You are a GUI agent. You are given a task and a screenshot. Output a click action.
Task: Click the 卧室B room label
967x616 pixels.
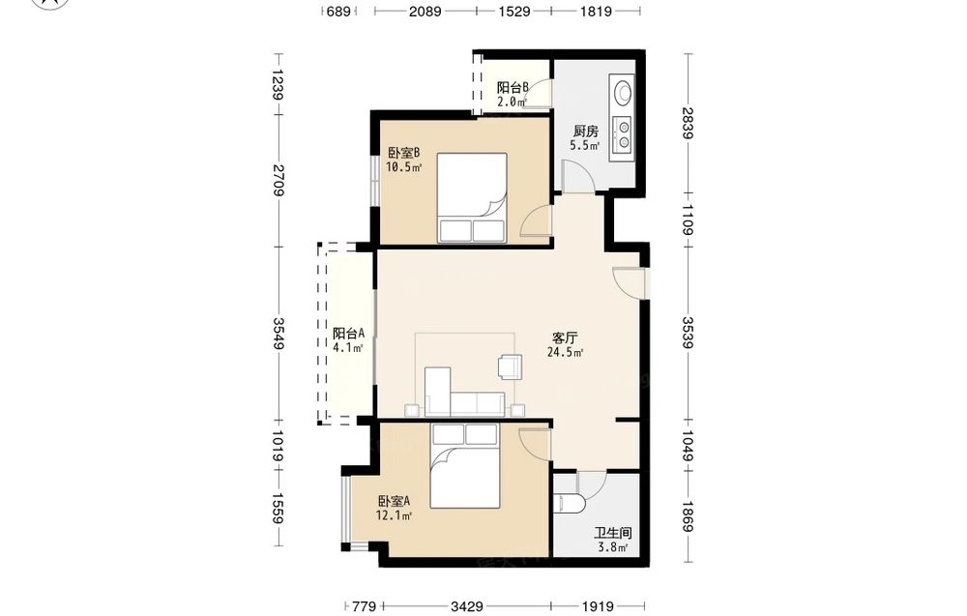(404, 152)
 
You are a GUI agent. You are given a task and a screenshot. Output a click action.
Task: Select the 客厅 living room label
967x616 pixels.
(565, 337)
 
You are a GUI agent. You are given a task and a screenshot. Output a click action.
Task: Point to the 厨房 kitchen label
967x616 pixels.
(585, 131)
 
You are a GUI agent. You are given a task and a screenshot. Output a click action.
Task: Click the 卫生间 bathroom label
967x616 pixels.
(612, 534)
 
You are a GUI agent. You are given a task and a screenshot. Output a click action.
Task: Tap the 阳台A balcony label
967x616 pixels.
(348, 334)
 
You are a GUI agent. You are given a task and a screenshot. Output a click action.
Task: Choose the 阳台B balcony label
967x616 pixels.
(513, 88)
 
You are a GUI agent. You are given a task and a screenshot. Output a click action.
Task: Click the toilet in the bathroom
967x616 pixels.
(569, 503)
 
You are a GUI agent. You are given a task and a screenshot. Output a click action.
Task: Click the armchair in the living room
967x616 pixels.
(510, 365)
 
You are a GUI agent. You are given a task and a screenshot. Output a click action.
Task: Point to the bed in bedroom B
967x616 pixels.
(473, 197)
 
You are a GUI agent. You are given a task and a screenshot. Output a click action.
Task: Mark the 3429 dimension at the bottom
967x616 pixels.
(466, 606)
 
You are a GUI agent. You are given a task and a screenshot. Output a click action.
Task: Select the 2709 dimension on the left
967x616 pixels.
(278, 180)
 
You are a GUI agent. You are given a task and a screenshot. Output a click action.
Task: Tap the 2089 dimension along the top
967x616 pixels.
(425, 11)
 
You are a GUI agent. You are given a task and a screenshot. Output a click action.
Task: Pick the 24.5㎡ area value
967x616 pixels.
(565, 353)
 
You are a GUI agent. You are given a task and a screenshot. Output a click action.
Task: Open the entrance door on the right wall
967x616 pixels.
(629, 283)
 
